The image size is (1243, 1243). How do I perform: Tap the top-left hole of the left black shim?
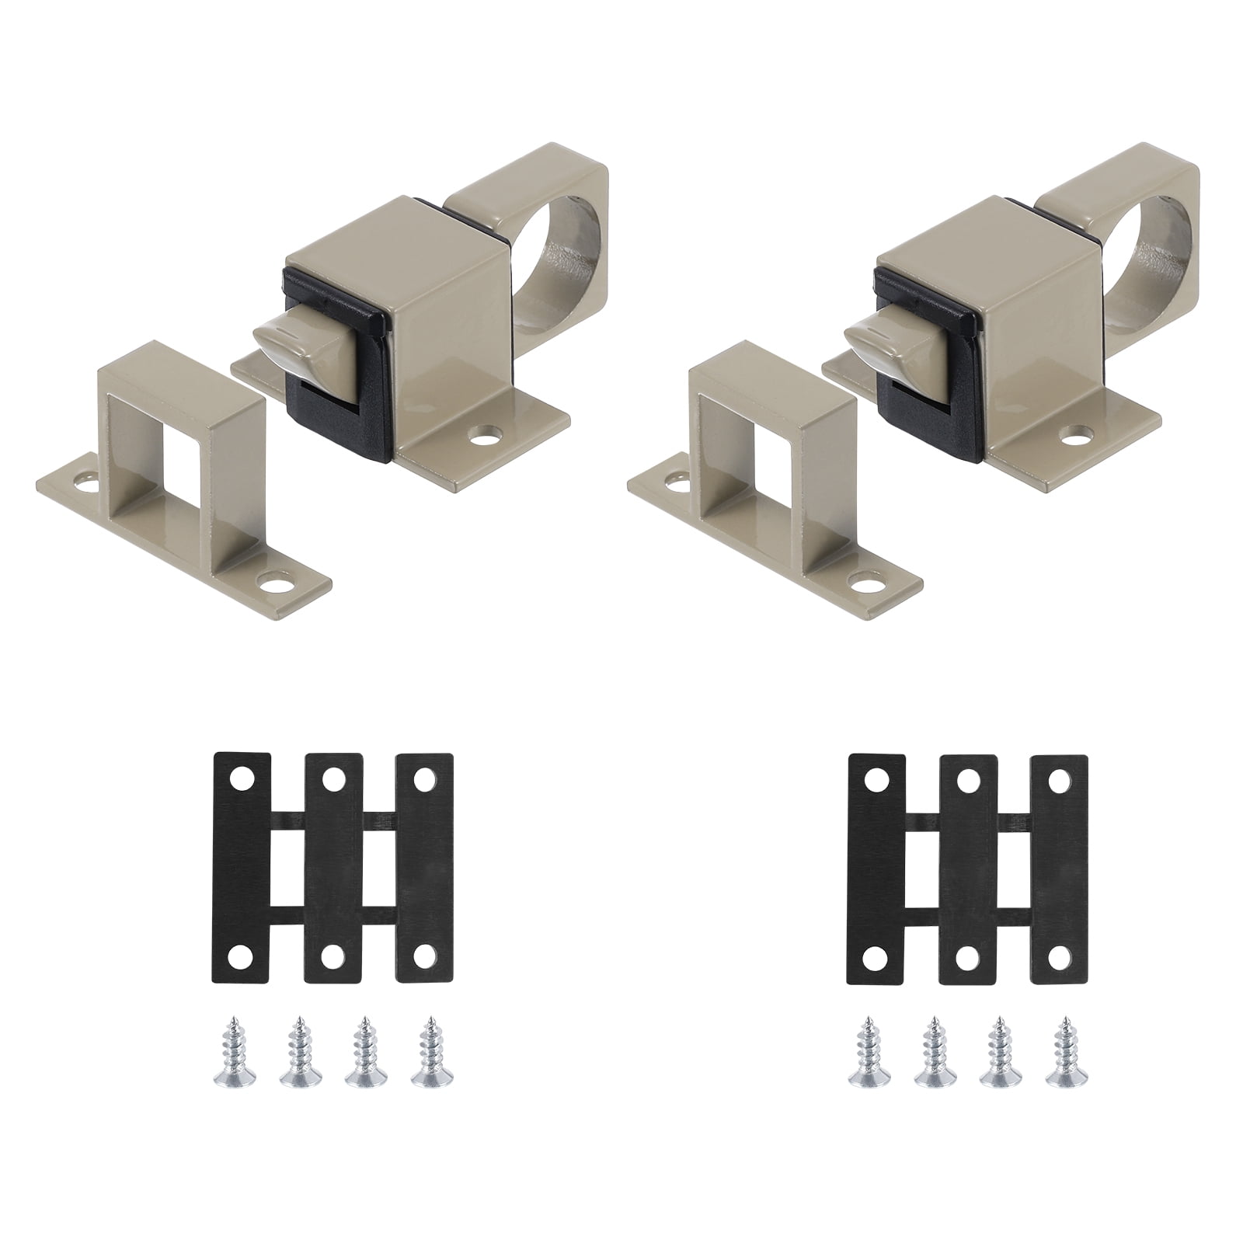(x=241, y=777)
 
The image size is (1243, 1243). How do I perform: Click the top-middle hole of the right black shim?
(x=967, y=777)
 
